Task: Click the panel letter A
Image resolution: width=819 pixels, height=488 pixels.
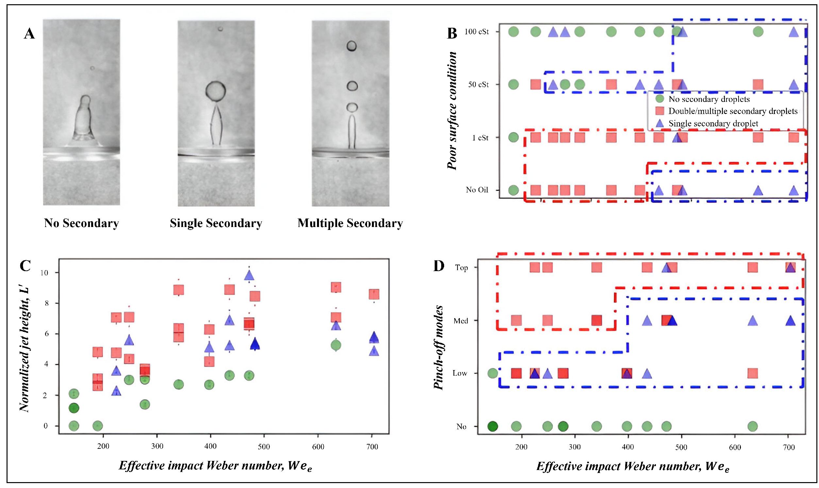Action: [x=29, y=34]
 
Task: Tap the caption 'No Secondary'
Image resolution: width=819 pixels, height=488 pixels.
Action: [x=81, y=223]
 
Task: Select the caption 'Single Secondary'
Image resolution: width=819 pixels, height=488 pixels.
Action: [x=216, y=223]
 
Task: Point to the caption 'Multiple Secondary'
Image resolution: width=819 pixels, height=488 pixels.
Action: [x=350, y=223]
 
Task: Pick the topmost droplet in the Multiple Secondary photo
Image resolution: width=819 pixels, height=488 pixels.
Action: [x=351, y=46]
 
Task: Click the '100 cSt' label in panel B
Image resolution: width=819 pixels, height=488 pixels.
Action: [x=476, y=32]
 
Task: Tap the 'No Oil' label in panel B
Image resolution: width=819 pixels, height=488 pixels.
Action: [x=477, y=190]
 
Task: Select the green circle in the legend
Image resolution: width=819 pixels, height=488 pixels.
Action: [x=660, y=99]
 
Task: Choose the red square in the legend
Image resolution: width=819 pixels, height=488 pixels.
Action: [x=660, y=111]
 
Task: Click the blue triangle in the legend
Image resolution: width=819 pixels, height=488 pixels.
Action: [x=660, y=123]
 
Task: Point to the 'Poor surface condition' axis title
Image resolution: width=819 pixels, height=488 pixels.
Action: [x=452, y=110]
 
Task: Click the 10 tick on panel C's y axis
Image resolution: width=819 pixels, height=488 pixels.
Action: [x=44, y=273]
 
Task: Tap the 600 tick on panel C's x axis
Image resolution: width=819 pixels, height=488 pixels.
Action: [x=318, y=447]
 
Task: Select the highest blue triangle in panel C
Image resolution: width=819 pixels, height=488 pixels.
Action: [x=249, y=276]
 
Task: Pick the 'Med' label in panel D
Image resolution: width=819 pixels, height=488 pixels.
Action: [x=460, y=321]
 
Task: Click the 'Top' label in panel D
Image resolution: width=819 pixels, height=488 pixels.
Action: [x=461, y=268]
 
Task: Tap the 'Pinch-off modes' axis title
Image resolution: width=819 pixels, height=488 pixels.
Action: [x=439, y=348]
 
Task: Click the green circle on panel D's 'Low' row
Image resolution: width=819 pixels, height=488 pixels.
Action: [x=493, y=373]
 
